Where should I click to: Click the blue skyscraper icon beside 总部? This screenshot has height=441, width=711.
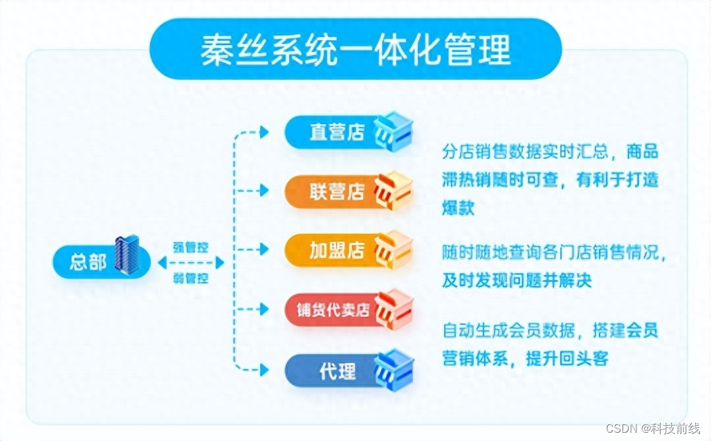(127, 254)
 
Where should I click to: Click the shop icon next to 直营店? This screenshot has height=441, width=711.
(393, 130)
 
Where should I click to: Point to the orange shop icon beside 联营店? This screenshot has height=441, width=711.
(393, 189)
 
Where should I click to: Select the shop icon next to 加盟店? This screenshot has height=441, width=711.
(393, 249)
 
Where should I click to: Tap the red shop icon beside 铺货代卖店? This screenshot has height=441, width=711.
(393, 308)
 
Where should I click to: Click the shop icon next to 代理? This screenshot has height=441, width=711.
(393, 369)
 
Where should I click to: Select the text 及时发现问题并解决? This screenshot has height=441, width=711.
(517, 281)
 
